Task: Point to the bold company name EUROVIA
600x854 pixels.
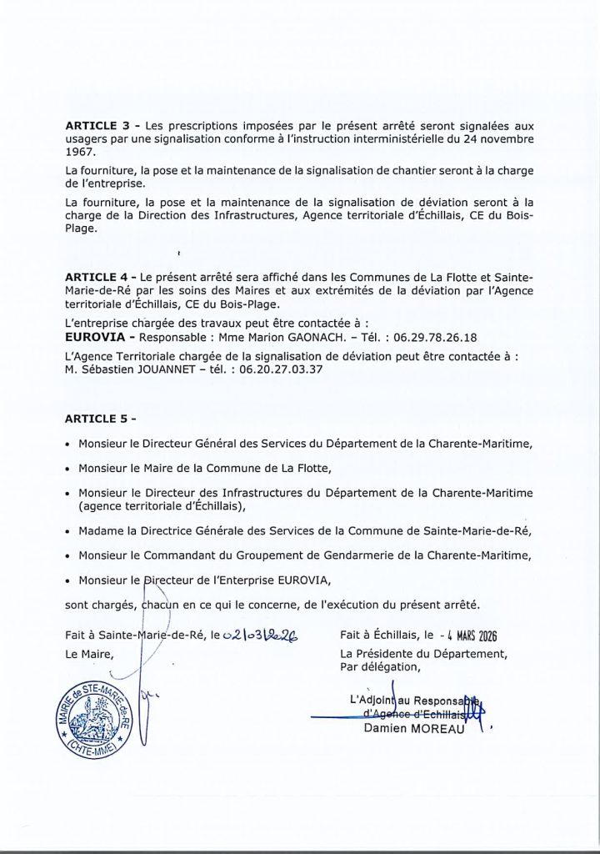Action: (x=92, y=338)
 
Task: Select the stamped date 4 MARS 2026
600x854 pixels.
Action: (x=459, y=635)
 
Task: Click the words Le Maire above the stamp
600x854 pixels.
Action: (x=89, y=654)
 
